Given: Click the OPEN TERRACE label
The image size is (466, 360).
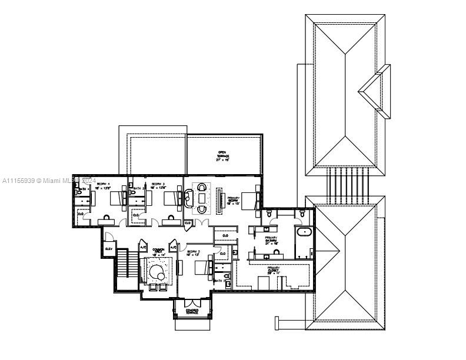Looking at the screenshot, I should coord(222,155).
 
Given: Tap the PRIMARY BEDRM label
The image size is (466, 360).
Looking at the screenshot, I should coord(234,199).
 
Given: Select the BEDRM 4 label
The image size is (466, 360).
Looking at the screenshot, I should coord(103,184).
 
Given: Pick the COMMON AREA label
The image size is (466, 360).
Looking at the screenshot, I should coord(158,251).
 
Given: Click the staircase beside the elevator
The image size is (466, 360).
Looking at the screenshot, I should coord(123,264).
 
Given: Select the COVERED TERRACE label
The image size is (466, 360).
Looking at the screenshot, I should coord(192,311).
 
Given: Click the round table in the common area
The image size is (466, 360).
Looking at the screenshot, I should coord(158,273).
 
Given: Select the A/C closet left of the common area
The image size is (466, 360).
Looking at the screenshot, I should coord(142,248).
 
